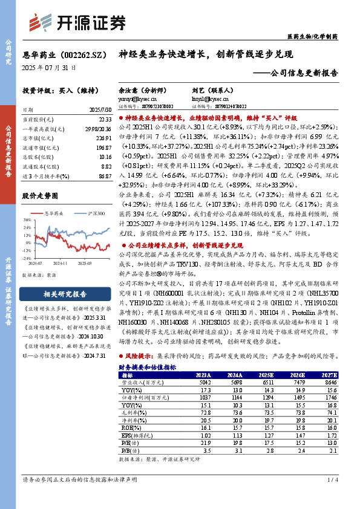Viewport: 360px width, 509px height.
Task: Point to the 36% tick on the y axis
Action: (x=27, y=221)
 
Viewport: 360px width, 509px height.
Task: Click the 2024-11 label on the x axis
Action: (x=59, y=264)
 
